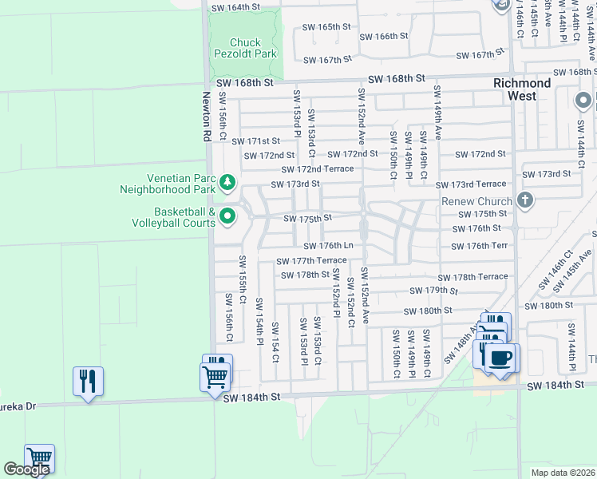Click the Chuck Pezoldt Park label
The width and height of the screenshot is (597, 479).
245,48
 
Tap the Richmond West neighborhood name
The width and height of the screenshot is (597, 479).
522,89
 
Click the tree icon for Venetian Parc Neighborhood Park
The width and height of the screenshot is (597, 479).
227,184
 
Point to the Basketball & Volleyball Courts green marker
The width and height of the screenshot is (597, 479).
227,216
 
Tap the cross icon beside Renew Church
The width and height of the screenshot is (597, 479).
524,200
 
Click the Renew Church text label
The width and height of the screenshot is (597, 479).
476,201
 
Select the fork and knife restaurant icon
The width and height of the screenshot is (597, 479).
88,380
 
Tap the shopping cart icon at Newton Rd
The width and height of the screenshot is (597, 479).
216,374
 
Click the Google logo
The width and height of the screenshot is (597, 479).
26,469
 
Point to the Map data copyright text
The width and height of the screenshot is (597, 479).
563,473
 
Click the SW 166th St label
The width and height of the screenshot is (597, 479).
383,36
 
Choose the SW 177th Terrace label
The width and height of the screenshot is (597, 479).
311,261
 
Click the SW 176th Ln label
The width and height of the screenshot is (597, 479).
326,246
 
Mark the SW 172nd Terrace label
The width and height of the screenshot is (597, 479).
317,169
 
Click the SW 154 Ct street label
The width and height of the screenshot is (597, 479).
275,342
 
